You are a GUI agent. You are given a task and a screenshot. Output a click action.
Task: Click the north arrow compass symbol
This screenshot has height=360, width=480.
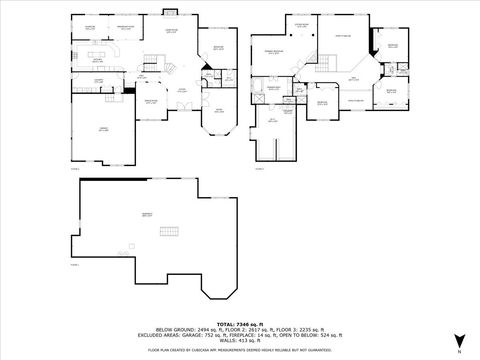click(457, 341)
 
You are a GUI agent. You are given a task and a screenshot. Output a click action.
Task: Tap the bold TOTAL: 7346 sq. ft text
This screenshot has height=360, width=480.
click(240, 323)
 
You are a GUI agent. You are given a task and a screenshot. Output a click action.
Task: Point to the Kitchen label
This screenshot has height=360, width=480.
click(97, 59)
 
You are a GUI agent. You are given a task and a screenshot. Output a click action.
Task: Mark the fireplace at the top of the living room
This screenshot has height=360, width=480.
click(169, 13)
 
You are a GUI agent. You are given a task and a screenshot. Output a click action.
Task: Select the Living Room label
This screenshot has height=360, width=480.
click(171, 31)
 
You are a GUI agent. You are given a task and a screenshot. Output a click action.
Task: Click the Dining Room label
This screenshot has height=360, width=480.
click(153, 101)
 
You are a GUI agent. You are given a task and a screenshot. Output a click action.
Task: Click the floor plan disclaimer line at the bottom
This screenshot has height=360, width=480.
click(240, 349)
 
